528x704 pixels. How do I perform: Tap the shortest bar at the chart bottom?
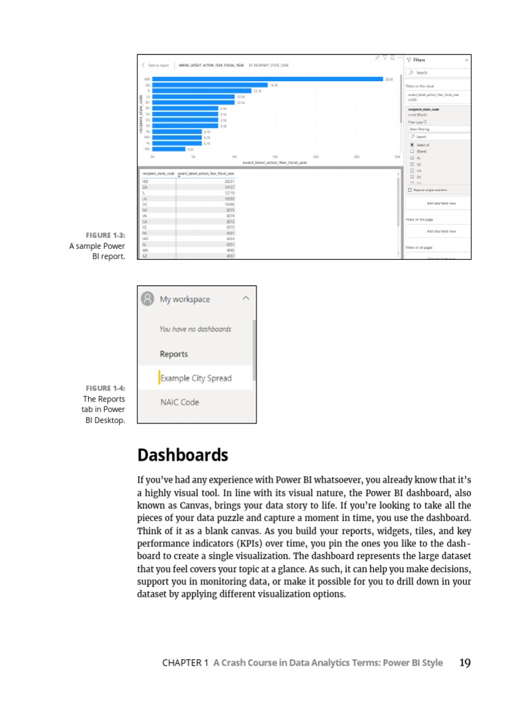[x=168, y=148]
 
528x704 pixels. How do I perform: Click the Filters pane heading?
[x=419, y=60]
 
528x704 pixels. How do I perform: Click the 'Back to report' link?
[x=157, y=65]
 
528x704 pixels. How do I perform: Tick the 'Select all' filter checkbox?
[x=412, y=145]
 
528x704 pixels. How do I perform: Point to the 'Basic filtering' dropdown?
[x=437, y=129]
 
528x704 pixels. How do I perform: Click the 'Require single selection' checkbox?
[x=410, y=189]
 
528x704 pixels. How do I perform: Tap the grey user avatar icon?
[x=147, y=299]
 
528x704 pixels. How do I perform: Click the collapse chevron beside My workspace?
[x=246, y=298]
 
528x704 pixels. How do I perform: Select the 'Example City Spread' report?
[x=196, y=378]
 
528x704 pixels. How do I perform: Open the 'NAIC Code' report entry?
[x=179, y=402]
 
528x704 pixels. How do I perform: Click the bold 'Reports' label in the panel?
[x=174, y=354]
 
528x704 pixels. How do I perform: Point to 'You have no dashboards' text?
[x=195, y=329]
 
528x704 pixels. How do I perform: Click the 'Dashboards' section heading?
[x=183, y=455]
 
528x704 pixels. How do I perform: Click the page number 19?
[x=465, y=663]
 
